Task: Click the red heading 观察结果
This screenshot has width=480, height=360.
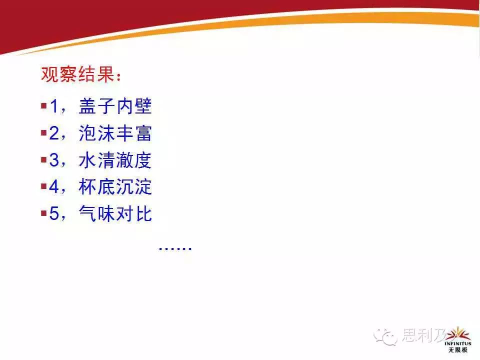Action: (x=78, y=74)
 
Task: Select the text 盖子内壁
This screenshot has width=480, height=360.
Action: (x=115, y=106)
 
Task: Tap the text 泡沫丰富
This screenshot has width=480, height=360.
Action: (x=115, y=133)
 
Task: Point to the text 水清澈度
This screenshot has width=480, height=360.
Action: (x=115, y=160)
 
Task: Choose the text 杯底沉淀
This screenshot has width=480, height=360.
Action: (x=115, y=186)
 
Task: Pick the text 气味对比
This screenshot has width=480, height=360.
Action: (x=115, y=213)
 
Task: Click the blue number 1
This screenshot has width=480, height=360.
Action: (x=54, y=106)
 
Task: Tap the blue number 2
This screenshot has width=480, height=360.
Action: (x=54, y=133)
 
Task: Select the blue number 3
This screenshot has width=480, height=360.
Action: (x=54, y=160)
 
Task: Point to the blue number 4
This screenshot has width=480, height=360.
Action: (x=54, y=186)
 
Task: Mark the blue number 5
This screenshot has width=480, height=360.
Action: (x=54, y=213)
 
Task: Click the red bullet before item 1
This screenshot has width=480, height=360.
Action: (x=43, y=106)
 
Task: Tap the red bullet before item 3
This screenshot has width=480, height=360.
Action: (x=43, y=160)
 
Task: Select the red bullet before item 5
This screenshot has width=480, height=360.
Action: (x=43, y=213)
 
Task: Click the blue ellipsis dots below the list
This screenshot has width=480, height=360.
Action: (x=175, y=249)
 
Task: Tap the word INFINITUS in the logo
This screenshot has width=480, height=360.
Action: (x=458, y=344)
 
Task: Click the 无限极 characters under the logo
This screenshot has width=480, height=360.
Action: (x=458, y=350)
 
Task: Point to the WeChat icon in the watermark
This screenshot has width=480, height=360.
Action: (x=385, y=336)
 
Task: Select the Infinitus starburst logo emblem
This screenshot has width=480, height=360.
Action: (x=458, y=333)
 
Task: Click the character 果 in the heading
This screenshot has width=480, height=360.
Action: (x=106, y=74)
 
